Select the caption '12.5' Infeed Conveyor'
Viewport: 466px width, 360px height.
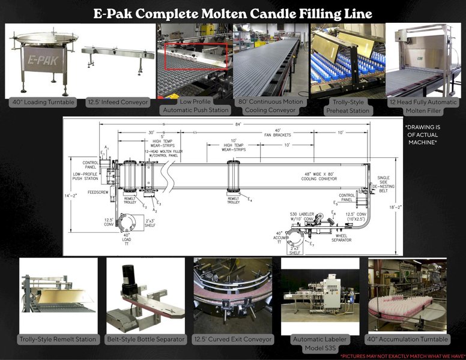[x=116, y=103]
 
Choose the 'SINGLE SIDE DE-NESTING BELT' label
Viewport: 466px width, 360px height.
[x=384, y=184]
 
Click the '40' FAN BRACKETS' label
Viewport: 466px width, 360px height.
[x=277, y=133]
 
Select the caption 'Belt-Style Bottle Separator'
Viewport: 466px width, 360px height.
[x=145, y=339]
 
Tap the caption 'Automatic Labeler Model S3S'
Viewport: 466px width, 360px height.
[x=319, y=343]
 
